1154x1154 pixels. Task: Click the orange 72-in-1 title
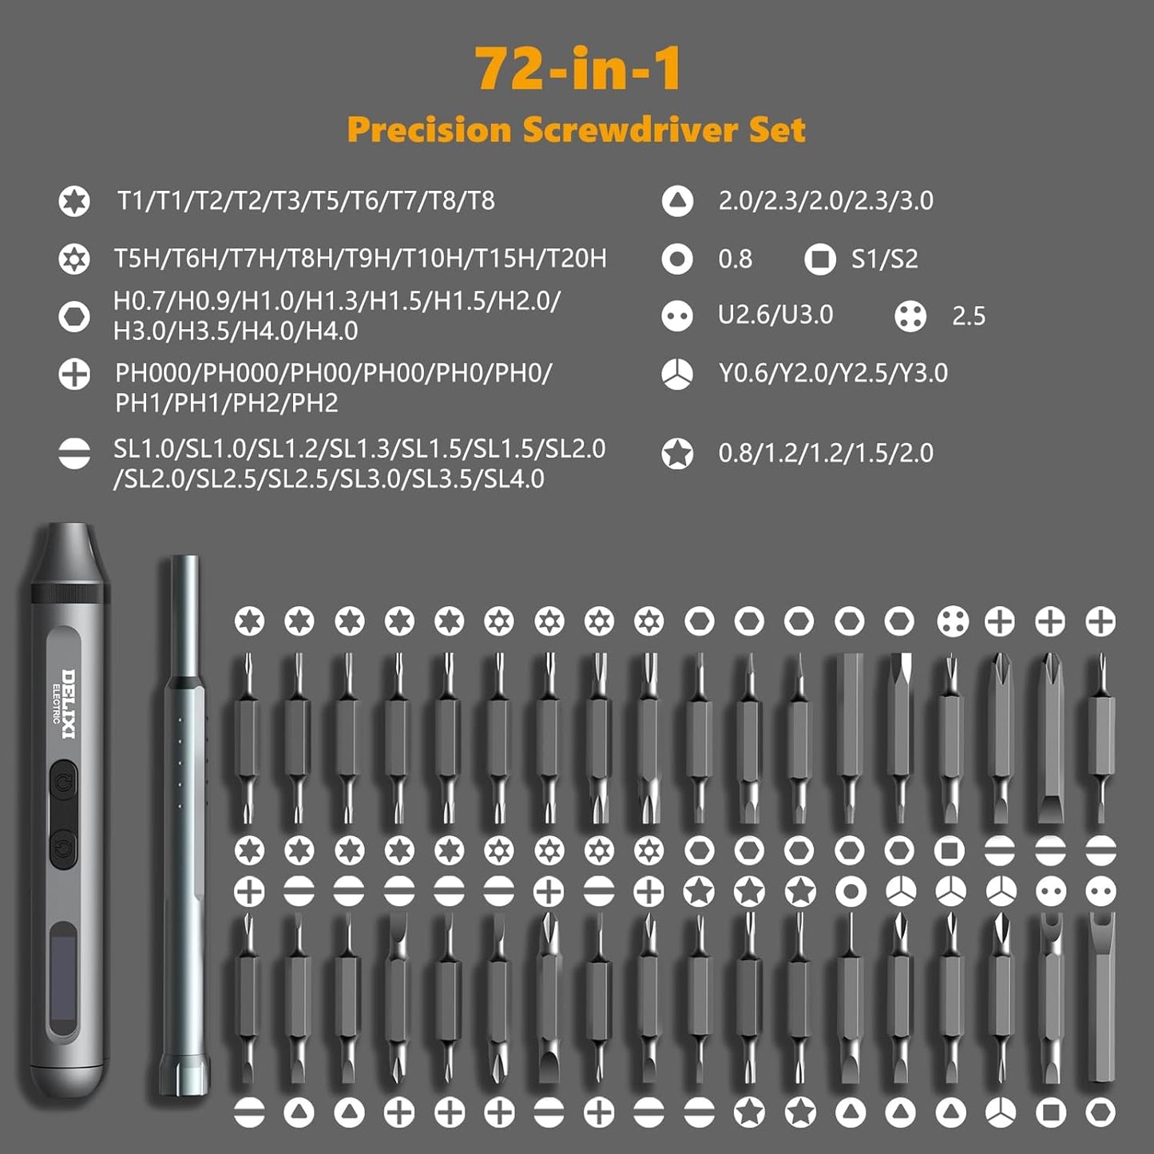pyautogui.click(x=578, y=69)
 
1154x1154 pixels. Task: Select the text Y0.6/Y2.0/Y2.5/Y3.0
pyautogui.click(x=833, y=373)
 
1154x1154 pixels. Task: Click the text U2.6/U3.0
pyautogui.click(x=775, y=315)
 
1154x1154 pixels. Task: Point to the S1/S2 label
pyautogui.click(x=884, y=259)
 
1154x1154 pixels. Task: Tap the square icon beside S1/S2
pyautogui.click(x=819, y=259)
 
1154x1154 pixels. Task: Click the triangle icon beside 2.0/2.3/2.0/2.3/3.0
pyautogui.click(x=677, y=201)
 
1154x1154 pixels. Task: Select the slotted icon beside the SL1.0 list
pyautogui.click(x=74, y=454)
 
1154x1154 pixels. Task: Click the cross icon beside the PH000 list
pyautogui.click(x=74, y=374)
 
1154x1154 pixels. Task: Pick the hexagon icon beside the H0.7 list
pyautogui.click(x=74, y=316)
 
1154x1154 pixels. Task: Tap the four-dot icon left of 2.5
pyautogui.click(x=910, y=316)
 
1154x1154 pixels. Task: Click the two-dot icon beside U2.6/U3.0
pyautogui.click(x=677, y=316)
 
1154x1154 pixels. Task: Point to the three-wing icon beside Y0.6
pyautogui.click(x=677, y=374)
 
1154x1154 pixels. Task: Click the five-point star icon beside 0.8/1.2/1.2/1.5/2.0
pyautogui.click(x=677, y=454)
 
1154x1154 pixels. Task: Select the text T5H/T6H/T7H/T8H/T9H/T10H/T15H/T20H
pyautogui.click(x=359, y=259)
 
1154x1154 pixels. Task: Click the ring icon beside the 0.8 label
pyautogui.click(x=677, y=259)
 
